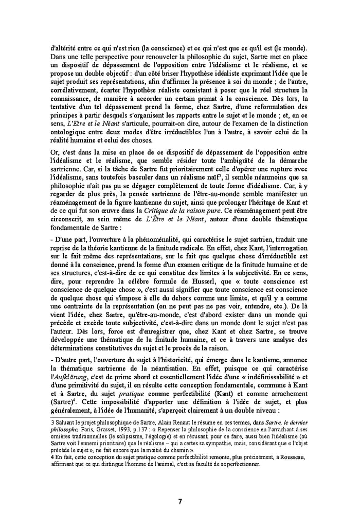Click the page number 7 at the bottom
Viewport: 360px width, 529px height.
179,502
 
